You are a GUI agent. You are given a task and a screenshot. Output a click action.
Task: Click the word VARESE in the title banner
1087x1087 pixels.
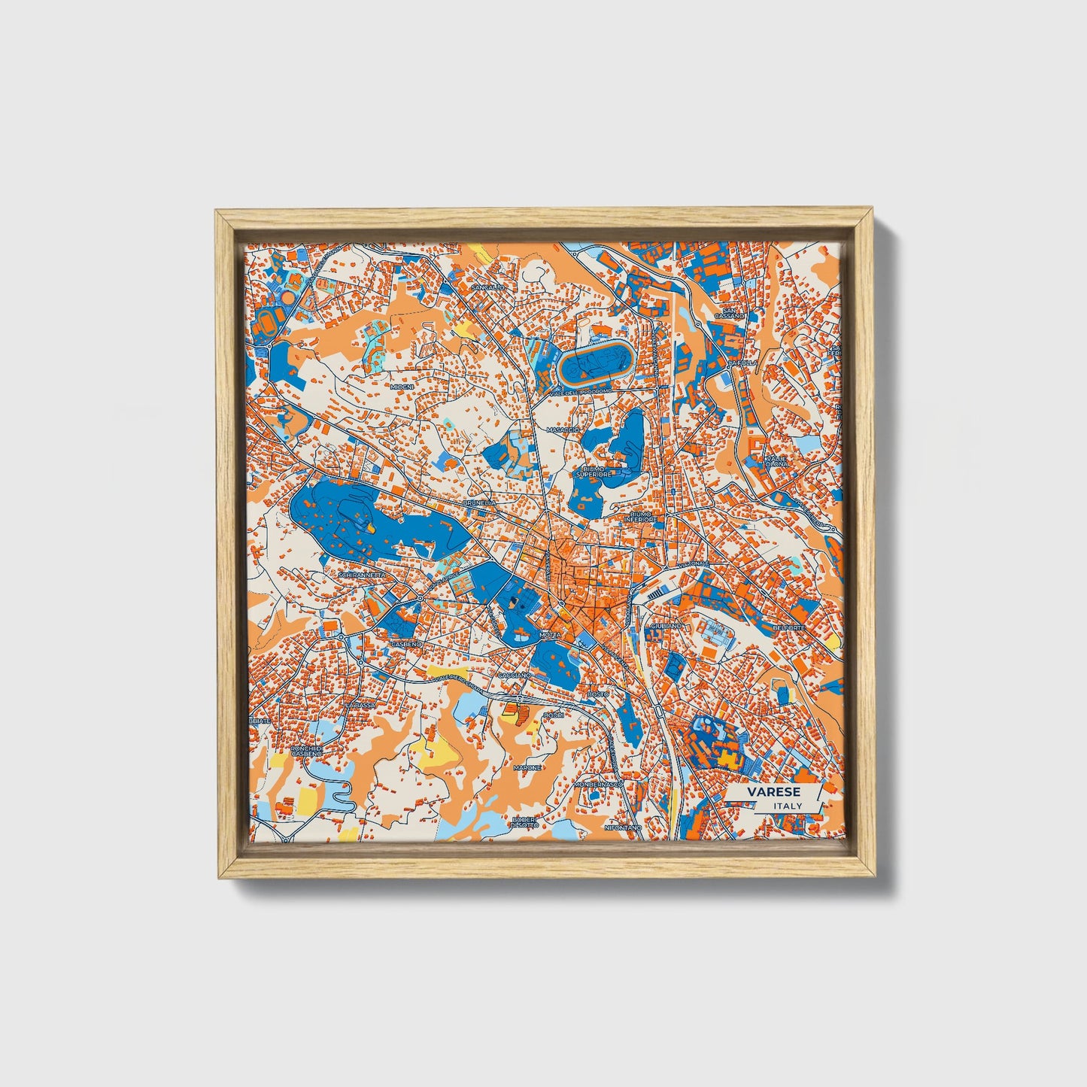click(x=773, y=792)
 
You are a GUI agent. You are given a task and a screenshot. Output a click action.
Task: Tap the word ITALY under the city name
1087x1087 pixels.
click(x=787, y=806)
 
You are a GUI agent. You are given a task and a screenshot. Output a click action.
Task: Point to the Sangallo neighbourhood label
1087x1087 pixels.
click(x=487, y=287)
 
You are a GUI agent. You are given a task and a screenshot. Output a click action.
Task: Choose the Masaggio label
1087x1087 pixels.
click(x=563, y=430)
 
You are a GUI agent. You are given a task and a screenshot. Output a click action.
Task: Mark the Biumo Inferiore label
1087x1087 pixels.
click(x=641, y=519)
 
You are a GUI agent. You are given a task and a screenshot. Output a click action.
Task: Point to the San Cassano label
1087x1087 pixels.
click(x=732, y=313)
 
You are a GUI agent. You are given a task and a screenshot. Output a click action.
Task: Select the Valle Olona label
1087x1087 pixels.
click(x=777, y=460)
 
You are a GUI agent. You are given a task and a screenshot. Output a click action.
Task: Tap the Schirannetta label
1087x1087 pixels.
click(x=362, y=575)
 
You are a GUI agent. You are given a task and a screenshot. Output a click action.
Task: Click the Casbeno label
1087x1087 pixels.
click(x=407, y=645)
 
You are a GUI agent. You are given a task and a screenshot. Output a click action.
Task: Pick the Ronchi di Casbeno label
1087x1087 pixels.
click(x=308, y=753)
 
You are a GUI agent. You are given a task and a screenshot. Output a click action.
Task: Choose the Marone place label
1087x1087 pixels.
click(x=527, y=767)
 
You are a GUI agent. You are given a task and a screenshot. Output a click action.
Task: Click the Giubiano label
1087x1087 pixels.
click(x=666, y=626)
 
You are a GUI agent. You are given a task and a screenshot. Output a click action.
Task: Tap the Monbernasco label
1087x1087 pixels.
click(x=599, y=784)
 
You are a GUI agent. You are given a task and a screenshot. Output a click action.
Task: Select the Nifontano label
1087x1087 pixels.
click(x=624, y=827)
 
